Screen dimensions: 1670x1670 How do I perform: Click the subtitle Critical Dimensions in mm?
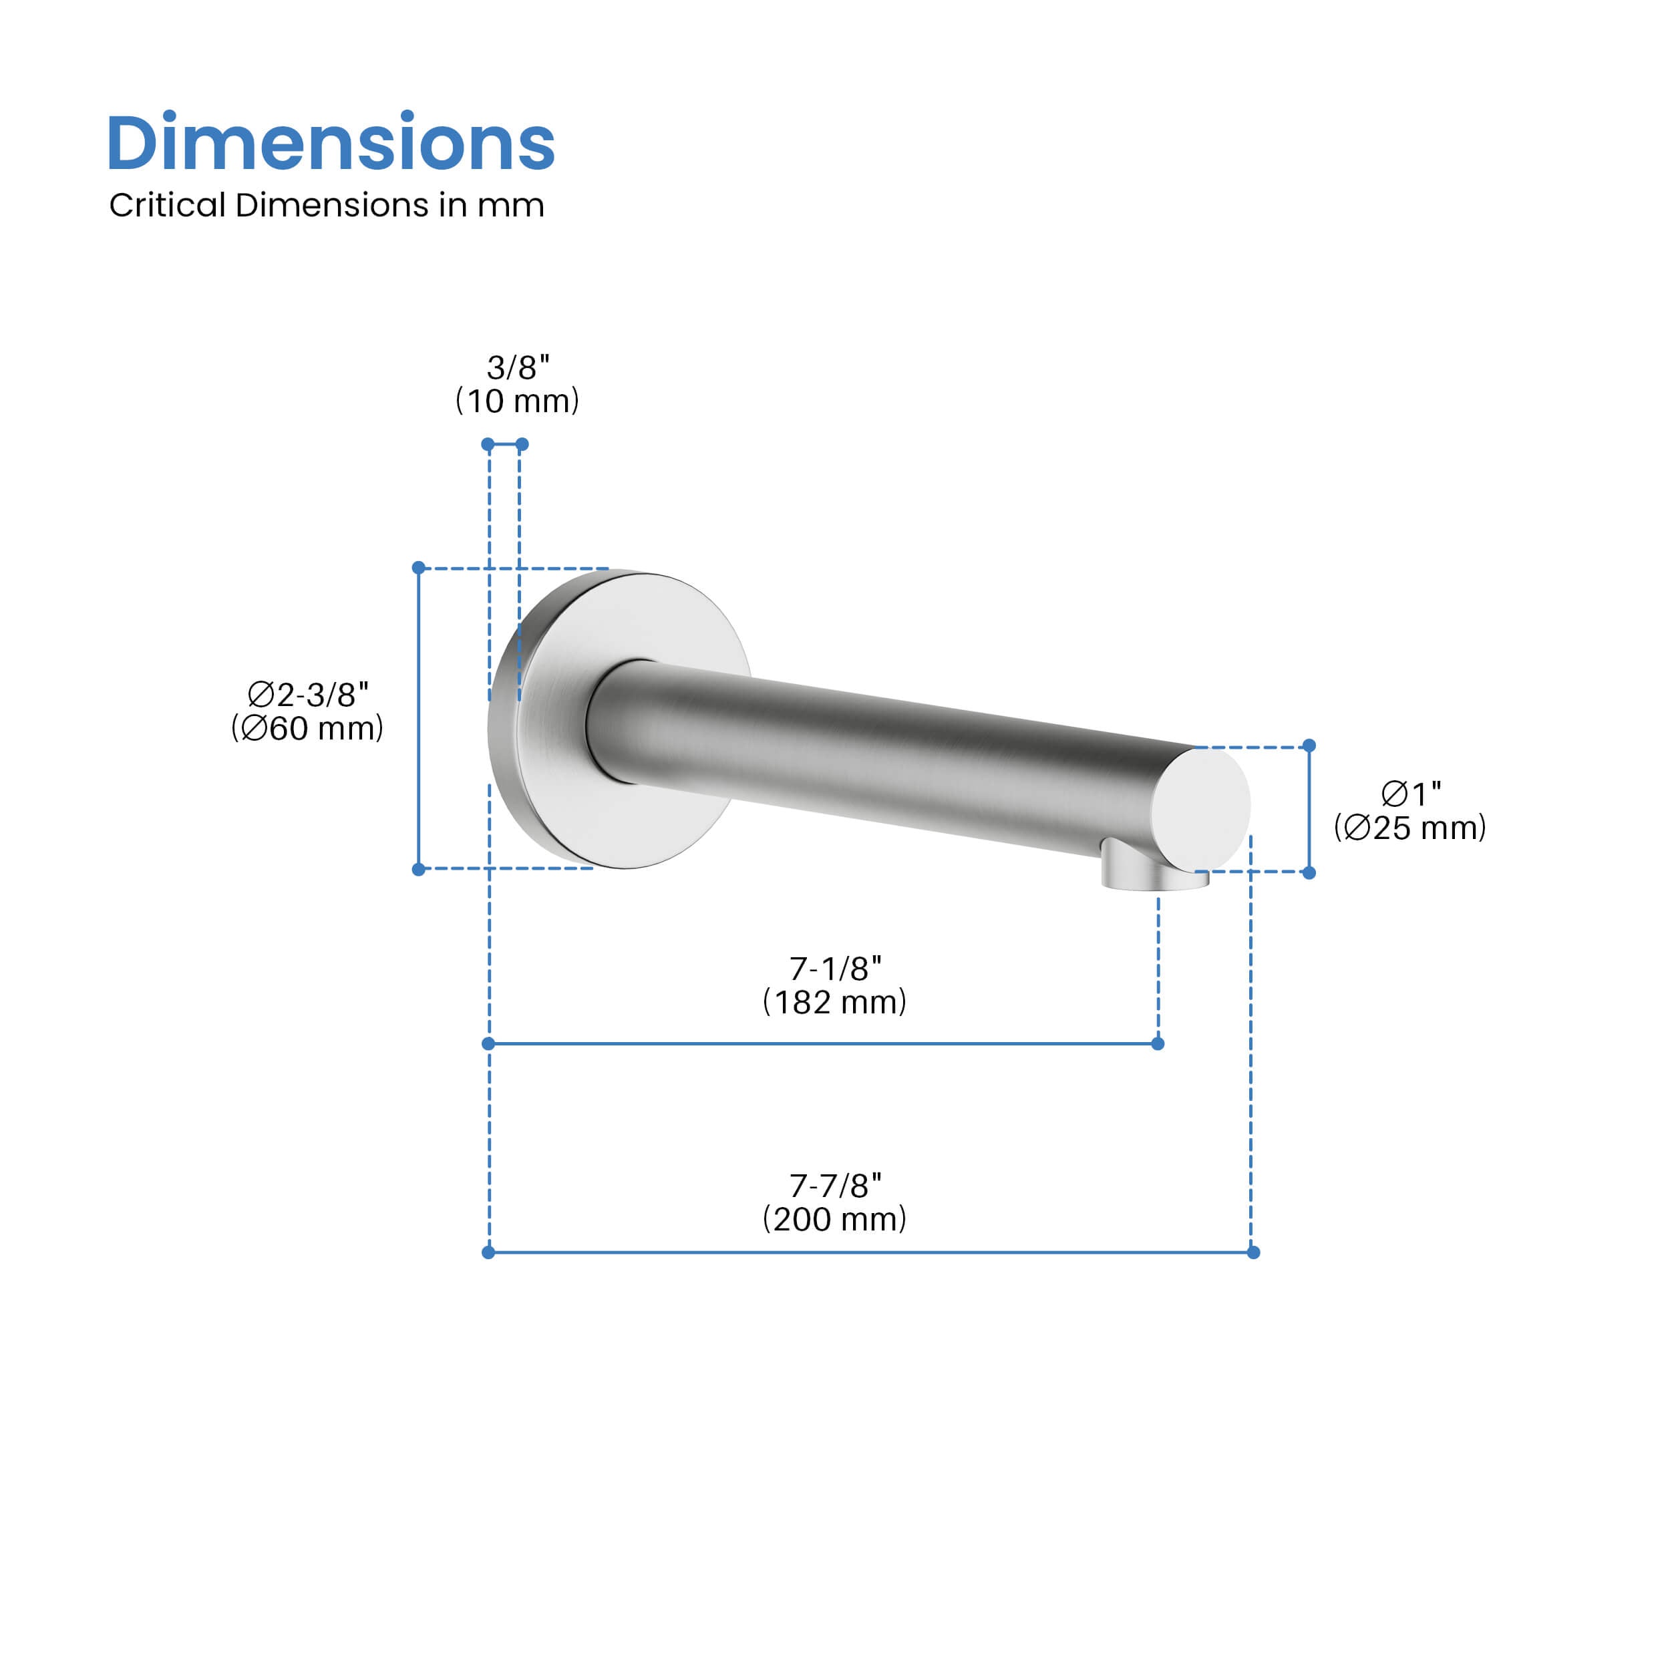[x=326, y=206]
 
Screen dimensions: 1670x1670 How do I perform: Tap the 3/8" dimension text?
[x=518, y=367]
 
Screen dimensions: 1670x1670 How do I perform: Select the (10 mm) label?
[x=517, y=401]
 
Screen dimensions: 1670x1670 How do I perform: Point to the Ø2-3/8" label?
[x=309, y=694]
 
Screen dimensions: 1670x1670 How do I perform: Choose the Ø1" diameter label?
[x=1411, y=793]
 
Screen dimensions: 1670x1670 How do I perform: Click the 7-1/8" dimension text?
[x=835, y=969]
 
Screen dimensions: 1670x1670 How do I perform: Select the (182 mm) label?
[x=834, y=1003]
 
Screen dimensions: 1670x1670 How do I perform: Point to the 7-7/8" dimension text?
[x=835, y=1186]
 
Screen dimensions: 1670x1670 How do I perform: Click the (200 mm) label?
[x=834, y=1220]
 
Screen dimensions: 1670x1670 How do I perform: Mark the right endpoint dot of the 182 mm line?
[x=1158, y=1044]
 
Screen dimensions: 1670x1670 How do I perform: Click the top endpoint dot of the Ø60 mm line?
[x=418, y=568]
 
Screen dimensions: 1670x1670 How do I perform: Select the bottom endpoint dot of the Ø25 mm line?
[x=1309, y=873]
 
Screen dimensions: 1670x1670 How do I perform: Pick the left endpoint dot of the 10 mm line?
[x=488, y=444]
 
